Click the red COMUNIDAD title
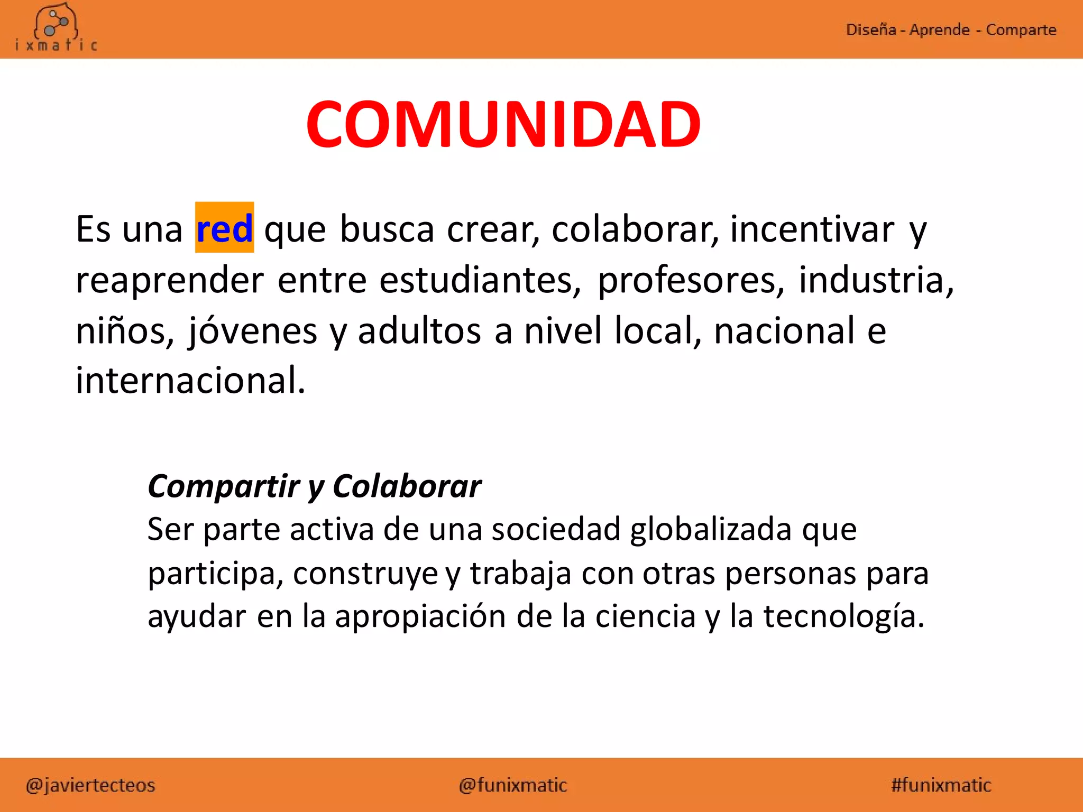click(x=503, y=125)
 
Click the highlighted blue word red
click(x=224, y=228)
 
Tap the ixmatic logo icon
click(x=56, y=24)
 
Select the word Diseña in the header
click(x=870, y=30)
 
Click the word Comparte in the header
click(x=1021, y=30)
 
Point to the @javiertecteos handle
click(x=90, y=785)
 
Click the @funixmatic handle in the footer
click(x=513, y=785)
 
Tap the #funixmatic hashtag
click(x=941, y=785)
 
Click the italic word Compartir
click(x=224, y=486)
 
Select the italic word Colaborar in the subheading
click(x=407, y=486)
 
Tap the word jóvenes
click(x=253, y=330)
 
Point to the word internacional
click(x=190, y=380)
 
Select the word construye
click(x=365, y=574)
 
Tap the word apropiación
click(x=420, y=616)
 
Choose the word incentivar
click(x=812, y=229)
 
